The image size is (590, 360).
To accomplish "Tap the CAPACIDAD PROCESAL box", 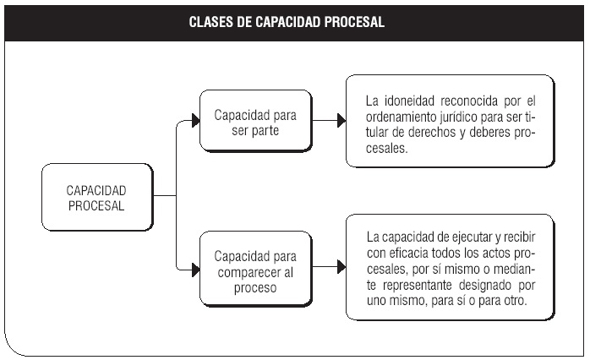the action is pyautogui.click(x=97, y=197).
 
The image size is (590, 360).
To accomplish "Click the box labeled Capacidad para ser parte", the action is pyautogui.click(x=256, y=121).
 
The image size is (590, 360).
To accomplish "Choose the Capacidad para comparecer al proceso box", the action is pyautogui.click(x=256, y=269).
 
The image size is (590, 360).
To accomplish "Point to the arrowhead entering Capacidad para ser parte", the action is pyautogui.click(x=195, y=120).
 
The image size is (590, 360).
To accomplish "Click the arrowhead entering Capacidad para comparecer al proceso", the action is pyautogui.click(x=195, y=270).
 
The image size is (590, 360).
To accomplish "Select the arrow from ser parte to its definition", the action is pyautogui.click(x=329, y=120).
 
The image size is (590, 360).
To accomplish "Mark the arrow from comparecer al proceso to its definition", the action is pyautogui.click(x=329, y=267).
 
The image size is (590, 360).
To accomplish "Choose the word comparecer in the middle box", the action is pyautogui.click(x=249, y=272).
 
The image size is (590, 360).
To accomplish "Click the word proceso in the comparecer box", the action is pyautogui.click(x=255, y=288).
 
